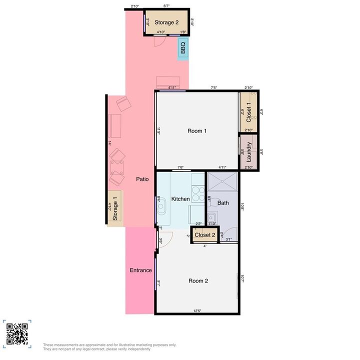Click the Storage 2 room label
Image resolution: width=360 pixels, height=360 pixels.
[166, 22]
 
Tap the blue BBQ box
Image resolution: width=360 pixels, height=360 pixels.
[183, 48]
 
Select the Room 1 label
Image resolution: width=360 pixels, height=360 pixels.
[197, 131]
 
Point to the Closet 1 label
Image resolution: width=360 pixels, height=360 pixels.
[249, 113]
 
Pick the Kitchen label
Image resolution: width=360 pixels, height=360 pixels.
[180, 199]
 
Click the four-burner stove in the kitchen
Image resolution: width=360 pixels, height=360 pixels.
[198, 193]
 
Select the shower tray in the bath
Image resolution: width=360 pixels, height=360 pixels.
[222, 183]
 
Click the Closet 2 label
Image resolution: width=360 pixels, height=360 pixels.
[205, 235]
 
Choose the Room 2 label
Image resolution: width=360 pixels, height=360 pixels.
[198, 281]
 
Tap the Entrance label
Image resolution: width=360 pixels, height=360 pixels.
[140, 270]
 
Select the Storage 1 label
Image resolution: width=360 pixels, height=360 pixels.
[115, 208]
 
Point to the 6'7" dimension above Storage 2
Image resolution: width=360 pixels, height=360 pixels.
[166, 6]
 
